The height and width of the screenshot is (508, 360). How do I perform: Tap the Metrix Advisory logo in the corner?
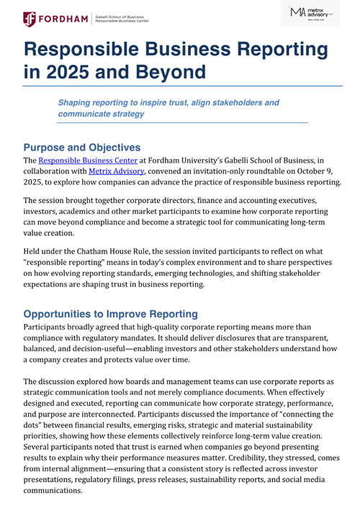311,13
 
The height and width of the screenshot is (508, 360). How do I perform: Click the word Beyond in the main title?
164,72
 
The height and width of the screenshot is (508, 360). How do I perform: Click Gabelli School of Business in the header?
128,15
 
